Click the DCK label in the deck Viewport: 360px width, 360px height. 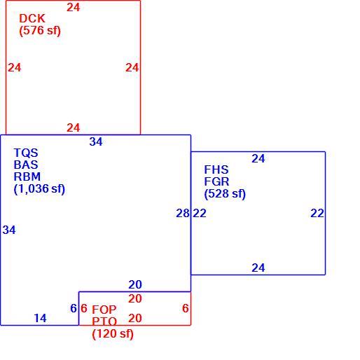[32, 19]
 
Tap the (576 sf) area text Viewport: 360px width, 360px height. [40, 31]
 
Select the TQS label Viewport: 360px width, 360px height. [26, 153]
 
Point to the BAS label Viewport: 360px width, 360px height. [26, 165]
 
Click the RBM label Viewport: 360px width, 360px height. [27, 176]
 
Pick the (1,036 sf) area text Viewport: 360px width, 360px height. [39, 189]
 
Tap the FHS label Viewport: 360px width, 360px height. [216, 169]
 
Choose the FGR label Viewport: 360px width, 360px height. [216, 181]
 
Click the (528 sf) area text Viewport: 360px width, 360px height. [225, 194]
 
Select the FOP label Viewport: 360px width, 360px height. [104, 310]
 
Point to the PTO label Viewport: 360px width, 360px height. [104, 321]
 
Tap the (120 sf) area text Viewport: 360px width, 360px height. [113, 334]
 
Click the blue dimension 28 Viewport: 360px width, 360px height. [183, 214]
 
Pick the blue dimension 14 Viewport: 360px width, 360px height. [40, 318]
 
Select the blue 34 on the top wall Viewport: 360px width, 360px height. [96, 142]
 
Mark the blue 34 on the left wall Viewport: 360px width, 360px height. [9, 230]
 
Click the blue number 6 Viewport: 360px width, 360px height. [74, 308]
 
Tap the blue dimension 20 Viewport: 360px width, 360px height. [135, 285]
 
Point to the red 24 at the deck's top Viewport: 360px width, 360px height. [74, 8]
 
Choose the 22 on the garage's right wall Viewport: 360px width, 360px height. [317, 214]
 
